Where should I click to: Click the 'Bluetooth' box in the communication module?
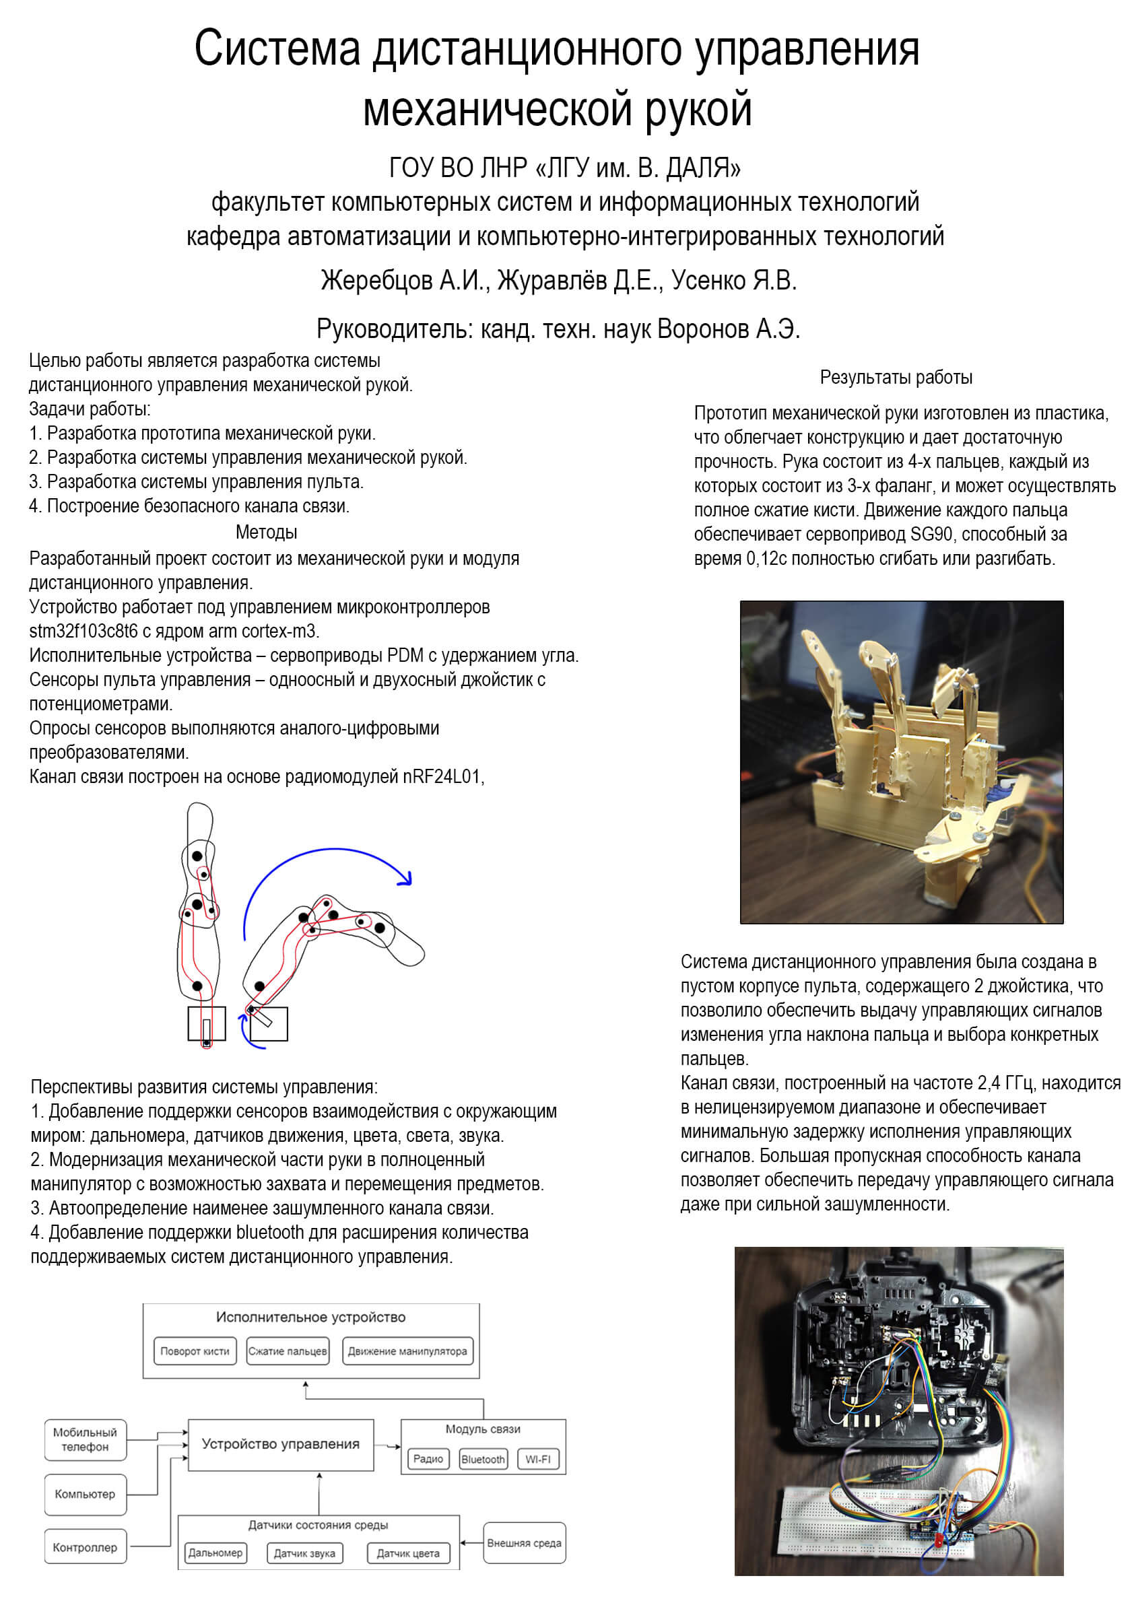coord(482,1459)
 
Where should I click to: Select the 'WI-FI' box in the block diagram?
coord(537,1459)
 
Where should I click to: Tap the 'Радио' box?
coord(428,1459)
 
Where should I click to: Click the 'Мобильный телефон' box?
coord(86,1439)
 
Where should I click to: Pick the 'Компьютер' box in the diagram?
coord(86,1494)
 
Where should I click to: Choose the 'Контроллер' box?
coord(86,1547)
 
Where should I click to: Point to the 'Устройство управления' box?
coord(280,1444)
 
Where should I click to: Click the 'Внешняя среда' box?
coord(524,1543)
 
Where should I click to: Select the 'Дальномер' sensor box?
coord(215,1552)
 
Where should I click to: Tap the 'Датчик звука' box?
coord(304,1553)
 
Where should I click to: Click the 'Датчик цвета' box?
coord(408,1553)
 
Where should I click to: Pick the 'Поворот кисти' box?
coord(195,1351)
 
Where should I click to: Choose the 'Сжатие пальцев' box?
coord(288,1351)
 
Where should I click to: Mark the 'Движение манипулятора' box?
coord(407,1351)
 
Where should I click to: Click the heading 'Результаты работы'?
coord(896,378)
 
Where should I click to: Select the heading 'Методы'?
coord(267,532)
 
